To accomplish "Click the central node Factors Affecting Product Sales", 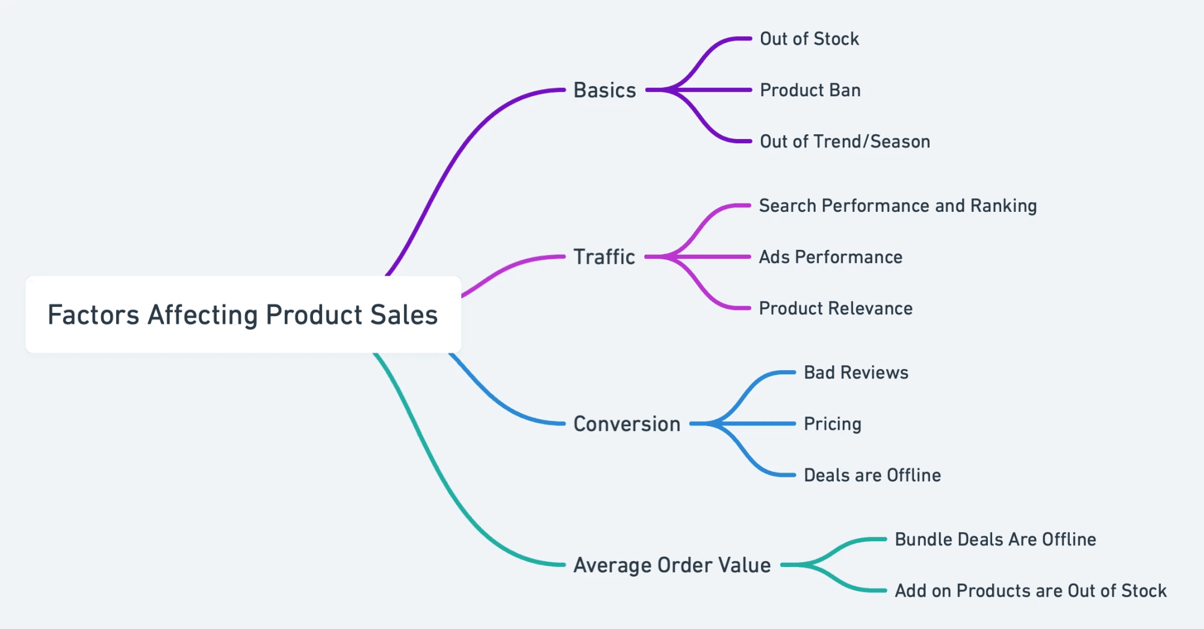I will (243, 315).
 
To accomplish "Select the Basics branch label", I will (604, 90).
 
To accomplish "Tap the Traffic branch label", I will (604, 257).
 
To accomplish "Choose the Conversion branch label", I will (627, 424).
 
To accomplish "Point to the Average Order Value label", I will (672, 565).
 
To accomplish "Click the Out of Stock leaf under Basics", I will (809, 39).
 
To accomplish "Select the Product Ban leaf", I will (810, 90).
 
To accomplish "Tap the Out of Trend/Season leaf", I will (845, 141).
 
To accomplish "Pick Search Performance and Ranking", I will (898, 206).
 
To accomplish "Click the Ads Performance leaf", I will (830, 257).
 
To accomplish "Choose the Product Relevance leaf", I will (836, 308).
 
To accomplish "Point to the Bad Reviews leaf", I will (856, 373).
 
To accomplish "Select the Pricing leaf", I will (833, 424).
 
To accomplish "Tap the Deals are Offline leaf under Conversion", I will (872, 475).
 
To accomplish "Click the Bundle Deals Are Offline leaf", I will (995, 539).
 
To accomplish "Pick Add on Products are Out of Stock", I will (1031, 590).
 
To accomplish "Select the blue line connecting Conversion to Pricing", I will (759, 424).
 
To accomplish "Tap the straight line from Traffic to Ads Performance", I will (716, 257).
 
